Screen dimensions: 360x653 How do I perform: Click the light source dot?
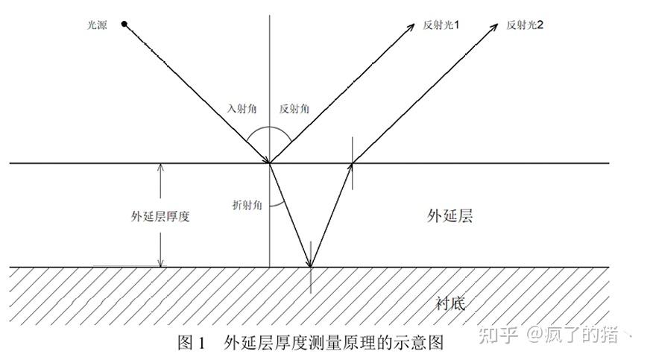point(124,25)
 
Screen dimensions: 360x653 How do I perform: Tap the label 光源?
point(98,25)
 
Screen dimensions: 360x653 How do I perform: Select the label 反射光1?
point(441,25)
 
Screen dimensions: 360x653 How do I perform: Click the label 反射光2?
point(525,25)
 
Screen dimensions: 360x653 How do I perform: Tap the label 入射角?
point(242,108)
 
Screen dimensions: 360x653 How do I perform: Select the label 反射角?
point(294,108)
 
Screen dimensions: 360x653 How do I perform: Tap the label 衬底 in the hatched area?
point(450,303)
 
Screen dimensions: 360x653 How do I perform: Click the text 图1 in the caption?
point(191,343)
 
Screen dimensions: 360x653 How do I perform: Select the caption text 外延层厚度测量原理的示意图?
point(333,343)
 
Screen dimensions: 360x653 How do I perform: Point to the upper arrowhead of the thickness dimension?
point(160,167)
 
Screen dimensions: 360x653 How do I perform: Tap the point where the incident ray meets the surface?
point(269,162)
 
